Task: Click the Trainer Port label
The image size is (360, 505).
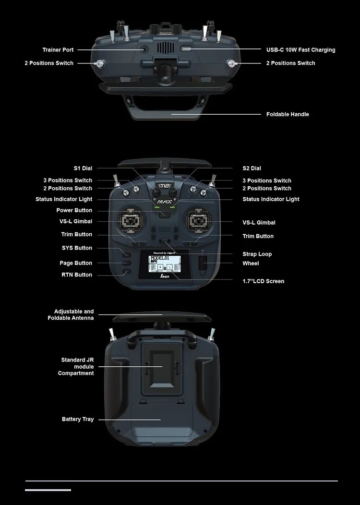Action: [x=58, y=50]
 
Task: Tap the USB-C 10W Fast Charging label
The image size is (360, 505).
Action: [x=300, y=50]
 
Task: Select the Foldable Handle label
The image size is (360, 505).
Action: [x=288, y=114]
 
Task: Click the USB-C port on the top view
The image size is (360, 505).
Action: [x=186, y=49]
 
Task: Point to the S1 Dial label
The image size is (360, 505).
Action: [x=83, y=168]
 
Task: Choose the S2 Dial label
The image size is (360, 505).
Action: [x=252, y=168]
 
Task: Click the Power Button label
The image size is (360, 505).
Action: [x=74, y=210]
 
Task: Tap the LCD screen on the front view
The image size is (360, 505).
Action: [x=165, y=266]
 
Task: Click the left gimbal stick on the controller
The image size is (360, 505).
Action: [x=132, y=221]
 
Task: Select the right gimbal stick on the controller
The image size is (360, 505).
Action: [x=199, y=221]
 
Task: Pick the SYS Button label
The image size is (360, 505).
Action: [x=77, y=248]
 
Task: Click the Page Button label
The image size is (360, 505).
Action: [x=76, y=263]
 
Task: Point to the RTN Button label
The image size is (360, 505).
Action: [x=77, y=275]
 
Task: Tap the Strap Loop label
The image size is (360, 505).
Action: [x=257, y=254]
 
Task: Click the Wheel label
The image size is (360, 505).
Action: [x=251, y=264]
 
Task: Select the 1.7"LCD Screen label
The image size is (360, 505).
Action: [x=263, y=281]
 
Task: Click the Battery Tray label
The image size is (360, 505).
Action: [x=78, y=420]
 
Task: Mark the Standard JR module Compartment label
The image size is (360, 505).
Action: [x=77, y=366]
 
